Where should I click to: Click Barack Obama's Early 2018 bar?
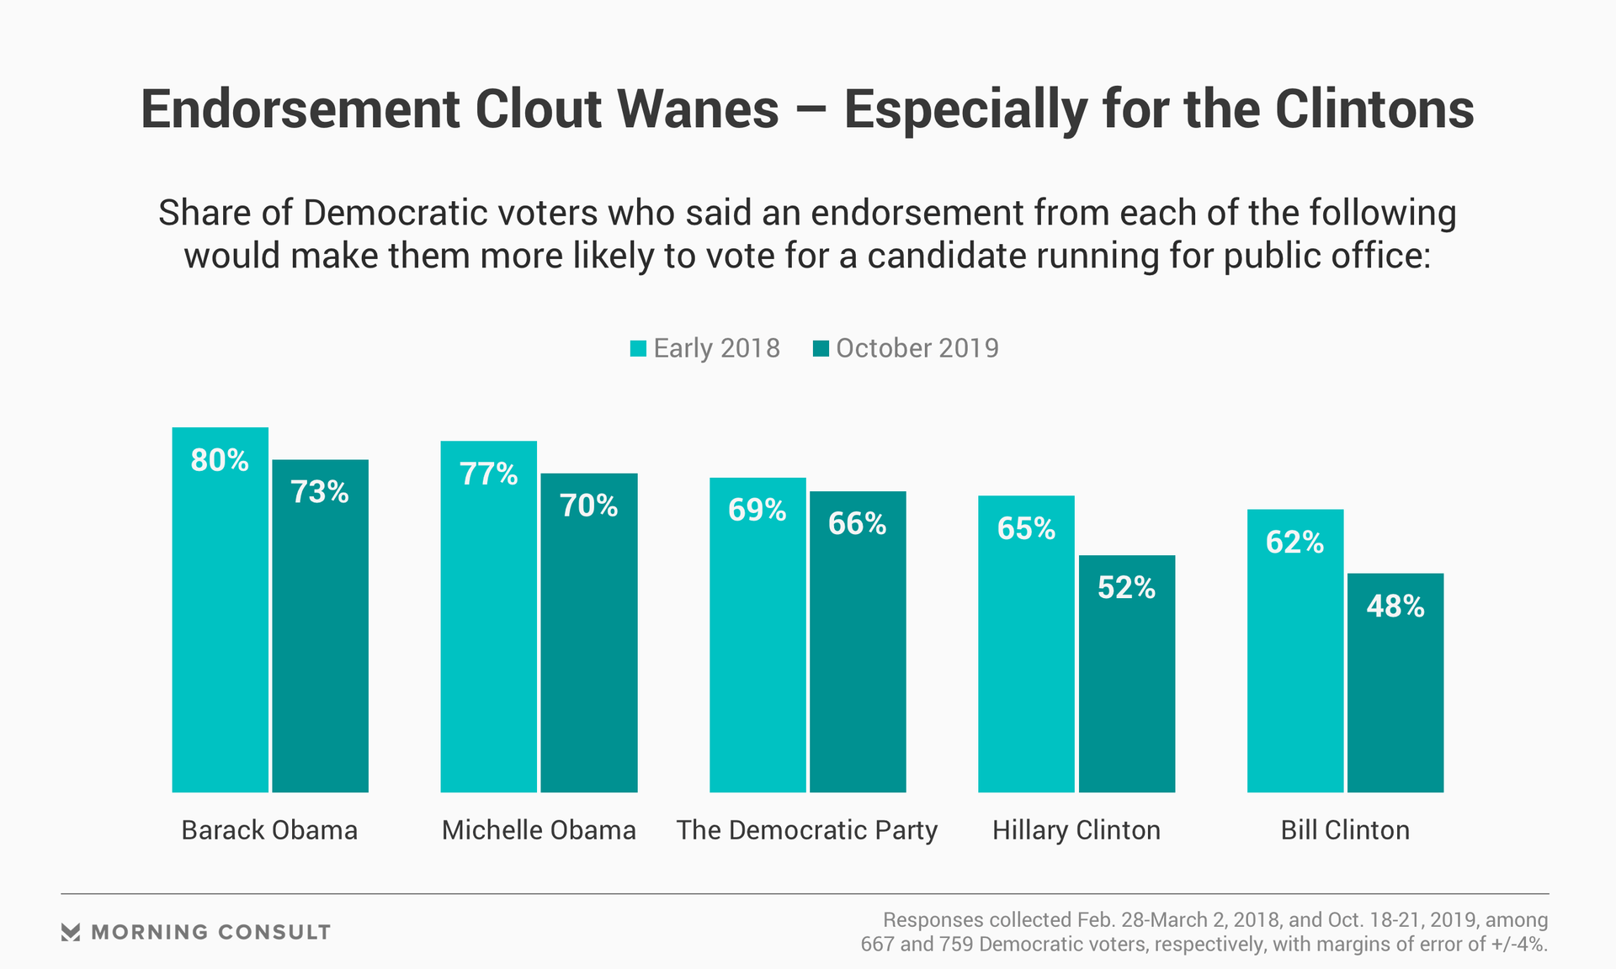220,622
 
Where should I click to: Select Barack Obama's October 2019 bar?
320,639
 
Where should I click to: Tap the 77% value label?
488,474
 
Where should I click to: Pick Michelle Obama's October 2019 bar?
588,648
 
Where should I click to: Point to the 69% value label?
757,511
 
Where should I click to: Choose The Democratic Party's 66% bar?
858,656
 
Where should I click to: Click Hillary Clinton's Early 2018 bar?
1026,656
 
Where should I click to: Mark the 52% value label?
1126,588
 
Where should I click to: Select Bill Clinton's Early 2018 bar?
1294,665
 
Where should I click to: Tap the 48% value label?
1395,606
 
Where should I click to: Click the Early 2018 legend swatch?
638,348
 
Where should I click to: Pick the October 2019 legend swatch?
821,348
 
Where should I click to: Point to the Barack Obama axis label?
269,830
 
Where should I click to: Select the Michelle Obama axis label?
539,830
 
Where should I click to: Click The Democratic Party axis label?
807,830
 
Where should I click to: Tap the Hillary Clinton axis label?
1076,830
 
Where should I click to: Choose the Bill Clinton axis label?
1345,830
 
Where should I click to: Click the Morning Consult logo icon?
71,932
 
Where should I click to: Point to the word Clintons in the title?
1374,109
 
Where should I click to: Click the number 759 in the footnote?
956,945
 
